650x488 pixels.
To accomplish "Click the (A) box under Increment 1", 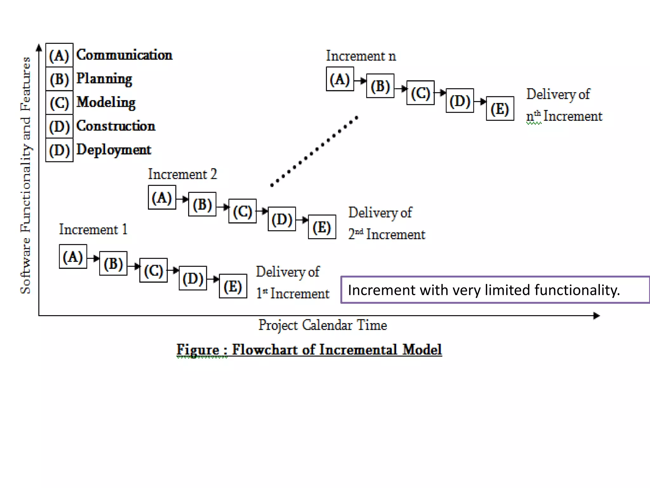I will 73,256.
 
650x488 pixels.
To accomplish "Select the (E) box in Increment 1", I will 233,286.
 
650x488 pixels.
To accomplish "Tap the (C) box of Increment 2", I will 242,211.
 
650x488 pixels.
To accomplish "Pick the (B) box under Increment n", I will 380,86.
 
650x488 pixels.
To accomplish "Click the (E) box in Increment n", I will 500,109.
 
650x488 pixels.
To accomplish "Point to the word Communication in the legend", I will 124,55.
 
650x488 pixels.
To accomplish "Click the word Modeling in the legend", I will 106,102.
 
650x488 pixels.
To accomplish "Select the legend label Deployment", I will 114,150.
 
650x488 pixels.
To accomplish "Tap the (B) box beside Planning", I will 59,79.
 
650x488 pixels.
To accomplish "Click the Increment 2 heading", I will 182,174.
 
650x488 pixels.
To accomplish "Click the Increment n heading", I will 361,56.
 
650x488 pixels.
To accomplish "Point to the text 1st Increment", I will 293,293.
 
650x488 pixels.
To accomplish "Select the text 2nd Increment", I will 387,234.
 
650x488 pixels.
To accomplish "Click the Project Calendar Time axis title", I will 322,325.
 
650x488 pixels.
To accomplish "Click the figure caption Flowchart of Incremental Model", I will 309,350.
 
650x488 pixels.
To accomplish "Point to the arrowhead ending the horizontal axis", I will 596,315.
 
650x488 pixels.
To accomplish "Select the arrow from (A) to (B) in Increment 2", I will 182,200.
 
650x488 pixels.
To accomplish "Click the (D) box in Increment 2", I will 282,219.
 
